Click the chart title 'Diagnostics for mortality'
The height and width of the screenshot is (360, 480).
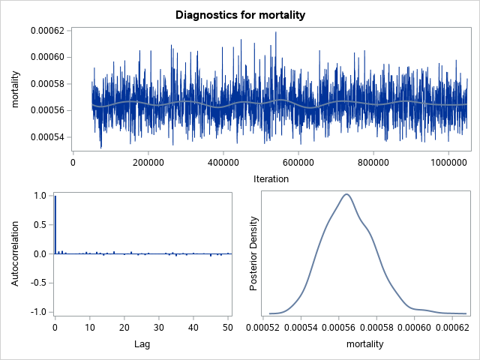tap(240, 15)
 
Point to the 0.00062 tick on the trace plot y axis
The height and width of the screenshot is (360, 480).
tap(47, 31)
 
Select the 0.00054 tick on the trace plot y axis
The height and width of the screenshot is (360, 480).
tap(47, 137)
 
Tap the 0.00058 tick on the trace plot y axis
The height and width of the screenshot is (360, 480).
tap(47, 84)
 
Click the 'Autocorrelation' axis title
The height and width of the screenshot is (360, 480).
tap(16, 253)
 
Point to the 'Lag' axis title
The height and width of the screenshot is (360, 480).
tap(142, 344)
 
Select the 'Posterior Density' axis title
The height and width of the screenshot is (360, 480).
tap(254, 253)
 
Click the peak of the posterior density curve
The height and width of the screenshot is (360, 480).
tap(346, 194)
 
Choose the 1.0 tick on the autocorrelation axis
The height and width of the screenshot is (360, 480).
tap(42, 196)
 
